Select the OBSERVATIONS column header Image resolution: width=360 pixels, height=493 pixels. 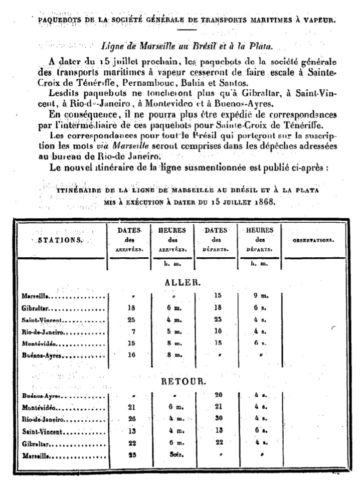[313, 240]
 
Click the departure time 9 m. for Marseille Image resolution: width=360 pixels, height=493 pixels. [259, 296]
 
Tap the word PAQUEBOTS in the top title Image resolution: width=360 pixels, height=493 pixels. [54, 21]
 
